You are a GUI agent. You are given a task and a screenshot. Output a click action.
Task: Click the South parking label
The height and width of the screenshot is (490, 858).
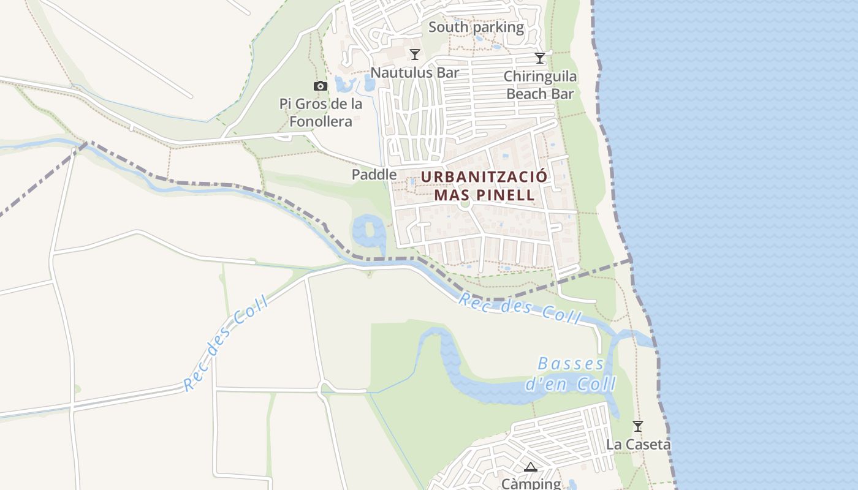tap(476, 27)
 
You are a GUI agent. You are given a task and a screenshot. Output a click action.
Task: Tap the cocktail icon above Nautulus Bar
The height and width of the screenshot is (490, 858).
tap(415, 55)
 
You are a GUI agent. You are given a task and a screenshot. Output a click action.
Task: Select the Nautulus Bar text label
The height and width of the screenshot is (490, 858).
tap(415, 72)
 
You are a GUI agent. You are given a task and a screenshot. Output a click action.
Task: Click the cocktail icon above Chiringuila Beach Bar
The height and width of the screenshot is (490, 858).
tap(540, 58)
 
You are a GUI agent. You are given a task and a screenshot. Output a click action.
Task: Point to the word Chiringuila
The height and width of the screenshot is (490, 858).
tap(540, 77)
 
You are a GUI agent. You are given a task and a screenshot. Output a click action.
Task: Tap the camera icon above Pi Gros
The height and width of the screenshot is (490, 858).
tap(321, 86)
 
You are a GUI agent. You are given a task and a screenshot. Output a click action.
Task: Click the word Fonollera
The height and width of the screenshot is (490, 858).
tap(321, 121)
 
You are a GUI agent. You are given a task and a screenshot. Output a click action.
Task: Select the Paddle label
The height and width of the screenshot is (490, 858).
tap(374, 175)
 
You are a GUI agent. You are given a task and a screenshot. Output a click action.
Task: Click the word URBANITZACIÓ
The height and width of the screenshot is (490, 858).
tap(484, 177)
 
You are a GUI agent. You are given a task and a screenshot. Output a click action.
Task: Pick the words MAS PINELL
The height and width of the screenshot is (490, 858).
tap(484, 195)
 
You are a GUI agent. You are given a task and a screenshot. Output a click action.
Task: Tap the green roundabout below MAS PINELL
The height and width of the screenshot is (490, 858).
tap(465, 204)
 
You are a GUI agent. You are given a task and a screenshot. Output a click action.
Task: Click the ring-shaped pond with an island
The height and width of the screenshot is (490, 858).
tap(369, 231)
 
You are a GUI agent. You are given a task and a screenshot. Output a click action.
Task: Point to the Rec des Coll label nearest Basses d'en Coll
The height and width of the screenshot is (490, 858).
tap(520, 307)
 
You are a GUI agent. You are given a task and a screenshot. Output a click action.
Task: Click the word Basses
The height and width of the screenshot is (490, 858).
tap(571, 364)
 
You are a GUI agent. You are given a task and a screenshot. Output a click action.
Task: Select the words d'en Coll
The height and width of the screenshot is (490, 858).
tap(571, 384)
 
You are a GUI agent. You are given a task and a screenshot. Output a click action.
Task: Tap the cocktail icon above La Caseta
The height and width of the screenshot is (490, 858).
tap(638, 426)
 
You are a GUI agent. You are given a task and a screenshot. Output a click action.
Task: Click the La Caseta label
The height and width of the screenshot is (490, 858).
tap(638, 445)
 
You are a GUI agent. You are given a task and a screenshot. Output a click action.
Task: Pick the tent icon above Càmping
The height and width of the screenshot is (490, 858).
tap(531, 467)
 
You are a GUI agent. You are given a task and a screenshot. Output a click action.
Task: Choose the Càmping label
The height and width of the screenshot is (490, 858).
tap(531, 484)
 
